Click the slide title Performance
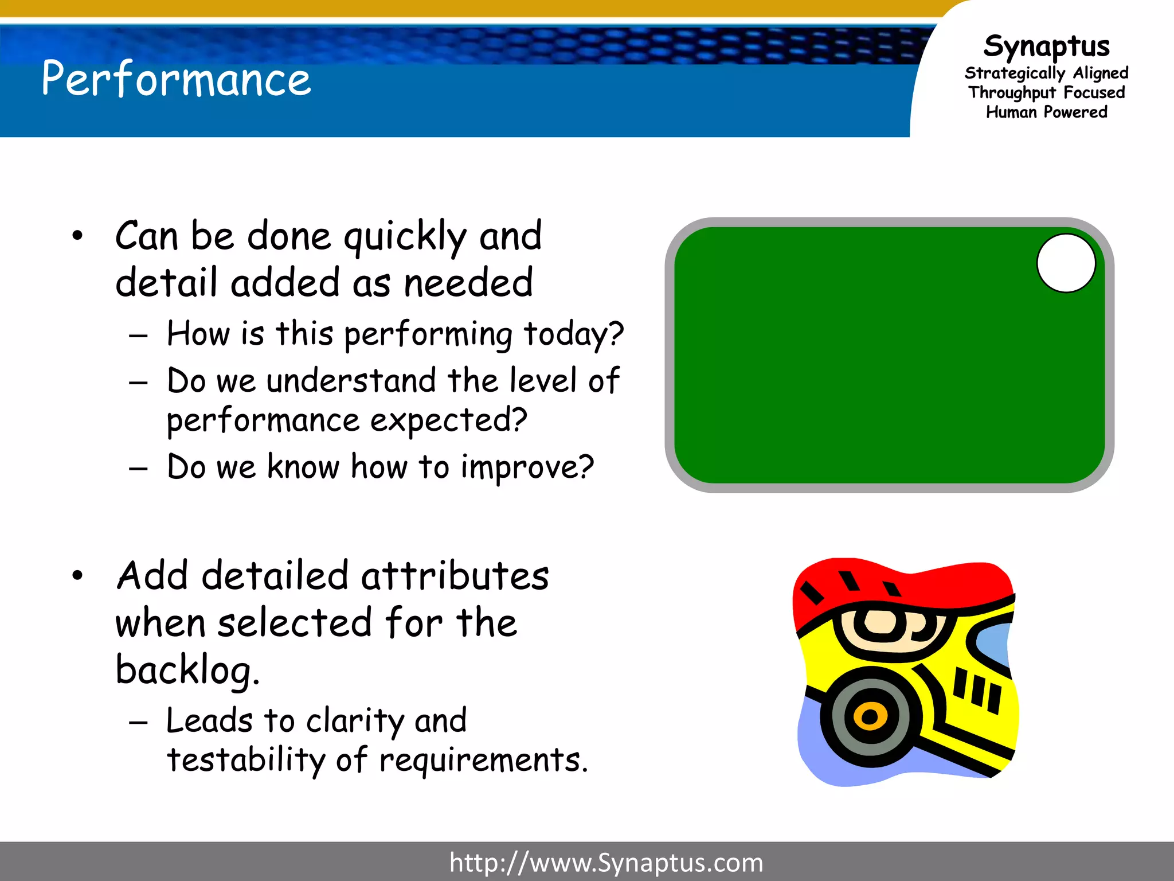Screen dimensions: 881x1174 pos(176,79)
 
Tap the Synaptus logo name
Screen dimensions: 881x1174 pos(1046,46)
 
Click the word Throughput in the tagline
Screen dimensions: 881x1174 pos(1012,93)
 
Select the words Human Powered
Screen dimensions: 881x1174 pos(1046,112)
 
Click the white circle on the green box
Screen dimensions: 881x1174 pos(1066,263)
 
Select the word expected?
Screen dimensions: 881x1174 pos(448,420)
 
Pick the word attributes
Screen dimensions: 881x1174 pos(455,576)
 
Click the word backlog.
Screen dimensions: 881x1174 pos(187,670)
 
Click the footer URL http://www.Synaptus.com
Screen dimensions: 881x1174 pos(606,863)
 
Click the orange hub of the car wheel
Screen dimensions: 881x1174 pos(870,716)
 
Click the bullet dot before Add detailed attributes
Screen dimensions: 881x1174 pos(77,575)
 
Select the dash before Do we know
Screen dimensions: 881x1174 pos(138,469)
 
